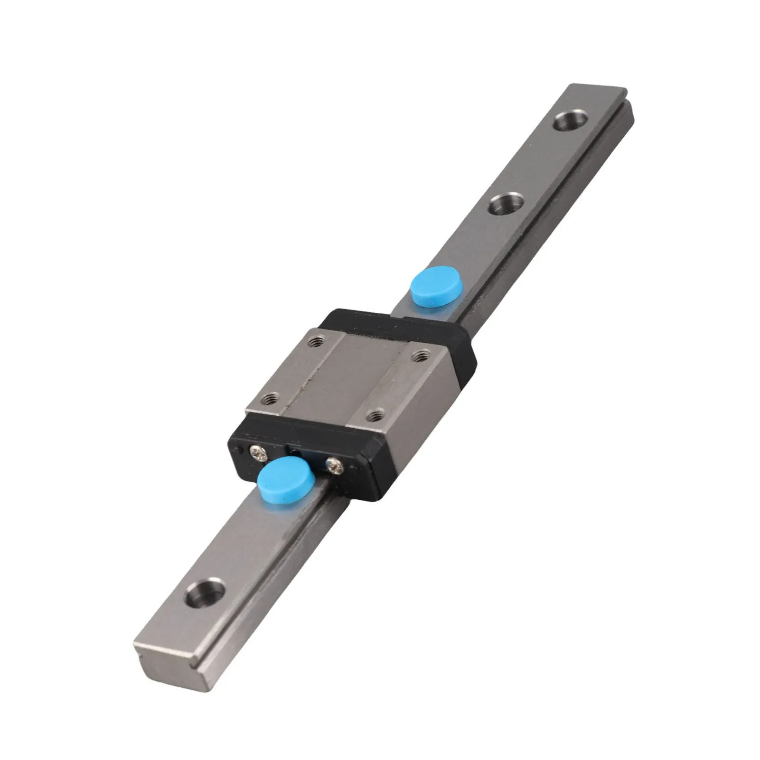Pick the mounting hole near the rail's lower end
(205, 593)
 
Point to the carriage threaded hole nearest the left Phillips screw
(270, 398)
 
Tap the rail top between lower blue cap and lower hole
(242, 541)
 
